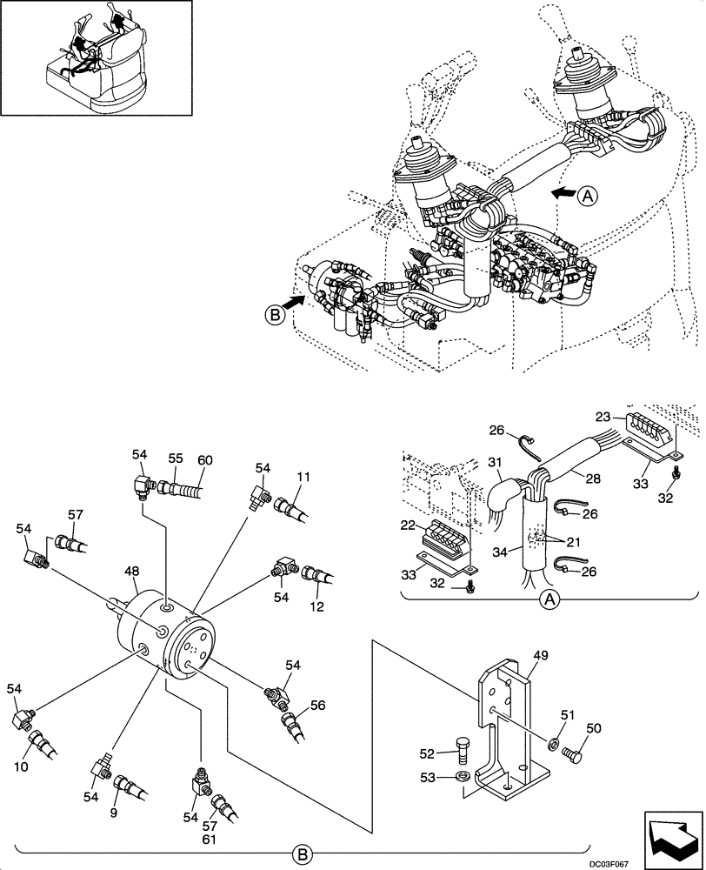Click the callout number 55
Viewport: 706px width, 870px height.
tap(176, 460)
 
